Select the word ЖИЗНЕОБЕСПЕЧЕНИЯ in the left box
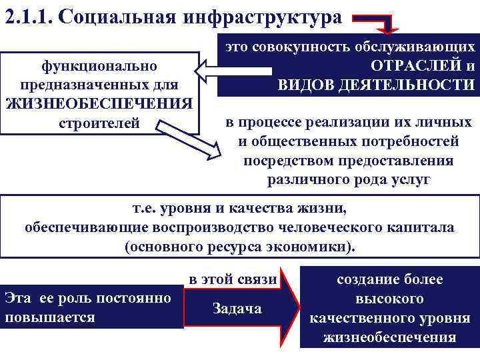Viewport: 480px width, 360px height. tap(99, 104)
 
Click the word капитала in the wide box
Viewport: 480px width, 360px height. tap(424, 227)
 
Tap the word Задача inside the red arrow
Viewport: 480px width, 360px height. tap(237, 308)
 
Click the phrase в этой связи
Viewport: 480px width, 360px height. tap(233, 279)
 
